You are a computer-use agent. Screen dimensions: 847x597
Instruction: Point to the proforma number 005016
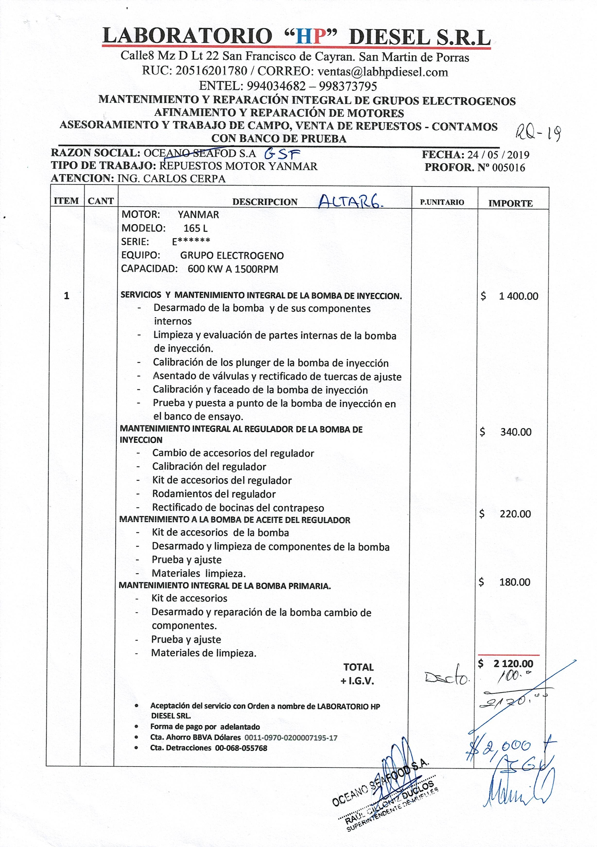pyautogui.click(x=509, y=168)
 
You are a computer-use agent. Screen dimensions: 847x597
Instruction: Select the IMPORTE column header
pyautogui.click(x=510, y=203)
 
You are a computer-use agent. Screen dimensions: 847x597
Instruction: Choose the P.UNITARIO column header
pyautogui.click(x=442, y=202)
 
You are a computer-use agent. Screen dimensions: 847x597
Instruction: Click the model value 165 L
pyautogui.click(x=195, y=228)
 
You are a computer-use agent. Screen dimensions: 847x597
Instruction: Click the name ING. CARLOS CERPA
pyautogui.click(x=171, y=178)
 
